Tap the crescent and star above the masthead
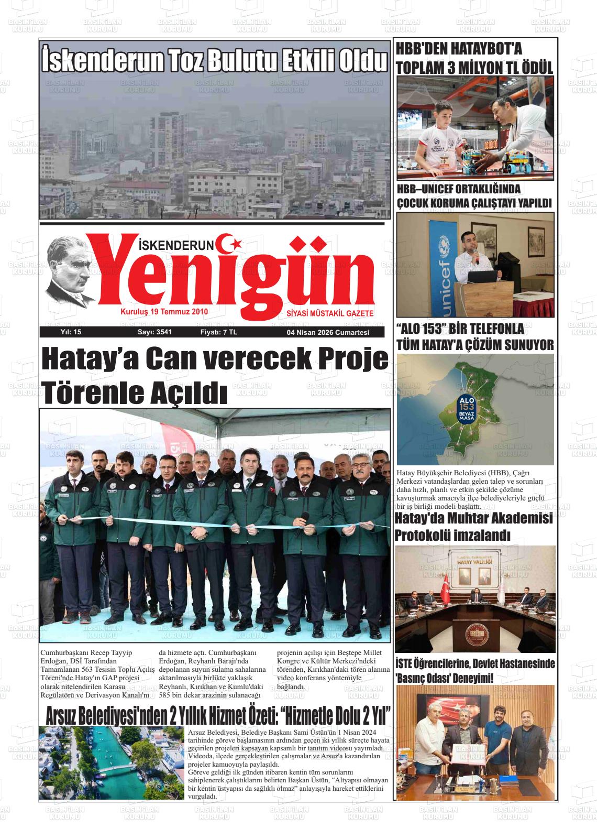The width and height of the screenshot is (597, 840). click(x=230, y=243)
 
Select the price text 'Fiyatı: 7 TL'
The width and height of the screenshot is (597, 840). click(x=218, y=332)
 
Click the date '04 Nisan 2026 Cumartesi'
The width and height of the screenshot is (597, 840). click(x=328, y=333)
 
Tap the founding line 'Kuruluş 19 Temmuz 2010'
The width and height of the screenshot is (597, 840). click(x=164, y=312)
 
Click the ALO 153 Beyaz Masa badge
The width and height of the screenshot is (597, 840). click(x=467, y=408)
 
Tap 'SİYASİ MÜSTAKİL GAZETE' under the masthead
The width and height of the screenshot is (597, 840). click(x=330, y=313)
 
